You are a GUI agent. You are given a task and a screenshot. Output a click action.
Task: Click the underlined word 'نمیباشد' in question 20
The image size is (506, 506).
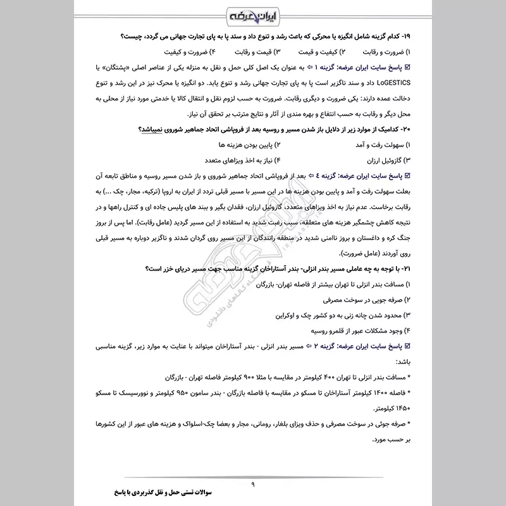[x=152, y=130]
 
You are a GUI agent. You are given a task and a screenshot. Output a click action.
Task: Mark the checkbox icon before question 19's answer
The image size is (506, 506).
[x=407, y=67]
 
